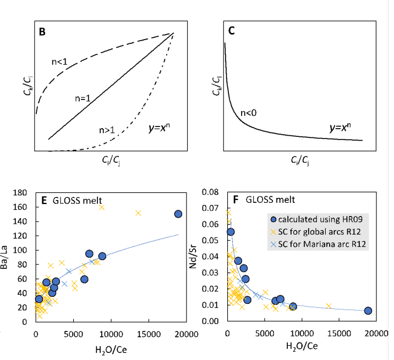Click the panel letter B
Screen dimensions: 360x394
(x=41, y=31)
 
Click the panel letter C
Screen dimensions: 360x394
(x=232, y=31)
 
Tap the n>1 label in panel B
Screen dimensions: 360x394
(x=107, y=131)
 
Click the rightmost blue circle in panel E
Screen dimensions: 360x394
(x=178, y=214)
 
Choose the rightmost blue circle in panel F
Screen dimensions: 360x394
(x=368, y=311)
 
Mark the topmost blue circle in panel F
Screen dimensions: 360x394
(x=231, y=232)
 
